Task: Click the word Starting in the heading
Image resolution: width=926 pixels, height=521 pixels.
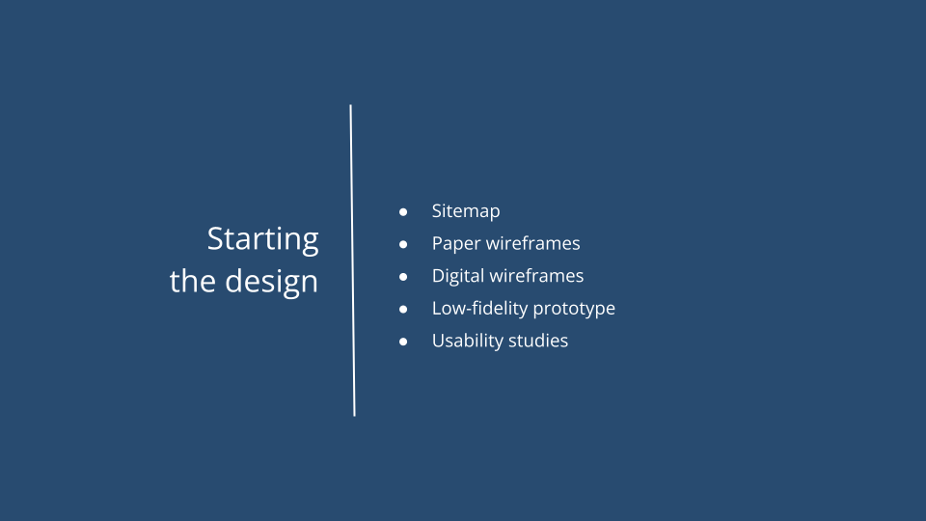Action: (x=262, y=239)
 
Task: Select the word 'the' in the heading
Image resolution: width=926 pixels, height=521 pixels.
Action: (x=192, y=282)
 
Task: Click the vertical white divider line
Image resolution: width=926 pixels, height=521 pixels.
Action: (x=352, y=260)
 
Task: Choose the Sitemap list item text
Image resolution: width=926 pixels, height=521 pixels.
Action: (x=466, y=211)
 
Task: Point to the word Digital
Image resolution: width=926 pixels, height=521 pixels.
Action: (x=457, y=276)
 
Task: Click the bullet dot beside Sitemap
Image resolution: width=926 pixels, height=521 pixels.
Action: (x=404, y=211)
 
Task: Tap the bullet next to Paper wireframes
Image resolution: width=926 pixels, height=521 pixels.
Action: (x=404, y=244)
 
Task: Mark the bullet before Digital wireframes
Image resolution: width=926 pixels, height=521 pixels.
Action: (x=404, y=276)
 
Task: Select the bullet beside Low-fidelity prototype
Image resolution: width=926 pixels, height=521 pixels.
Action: (x=404, y=309)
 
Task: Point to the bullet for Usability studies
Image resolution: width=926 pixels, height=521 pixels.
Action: (x=404, y=342)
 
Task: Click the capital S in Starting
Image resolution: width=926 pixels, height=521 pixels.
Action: (x=216, y=238)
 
